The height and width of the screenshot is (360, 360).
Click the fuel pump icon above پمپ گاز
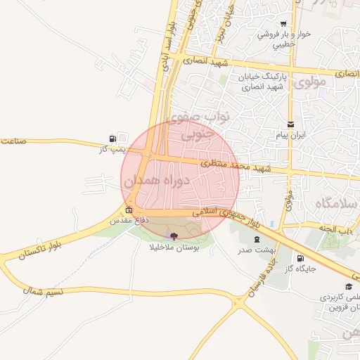112,139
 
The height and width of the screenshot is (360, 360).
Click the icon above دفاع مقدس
129,210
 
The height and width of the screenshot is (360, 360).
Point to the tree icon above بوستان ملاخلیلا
174,236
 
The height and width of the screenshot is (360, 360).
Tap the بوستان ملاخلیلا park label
174,247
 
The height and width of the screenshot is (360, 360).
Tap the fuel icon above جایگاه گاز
302,258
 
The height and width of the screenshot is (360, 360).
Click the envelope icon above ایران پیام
290,124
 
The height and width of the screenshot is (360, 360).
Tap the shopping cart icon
283,23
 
